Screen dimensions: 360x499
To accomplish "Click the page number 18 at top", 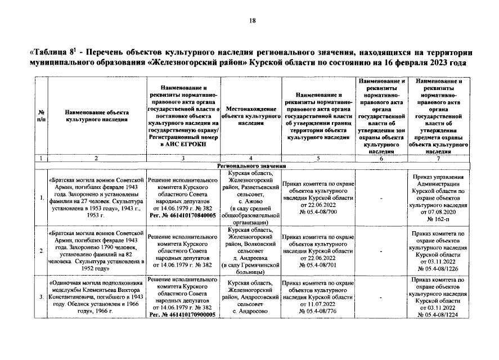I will coord(253,21).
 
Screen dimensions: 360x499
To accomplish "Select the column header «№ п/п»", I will coord(42,116).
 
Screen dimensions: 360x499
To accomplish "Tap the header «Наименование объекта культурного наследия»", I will coord(96,116).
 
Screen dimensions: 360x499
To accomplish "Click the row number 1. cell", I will coord(42,197).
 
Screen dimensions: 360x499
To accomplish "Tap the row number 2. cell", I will coord(42,250).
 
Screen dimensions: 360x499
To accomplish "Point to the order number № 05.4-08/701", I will coord(318,264).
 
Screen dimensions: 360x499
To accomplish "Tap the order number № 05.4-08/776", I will coord(318,311).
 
